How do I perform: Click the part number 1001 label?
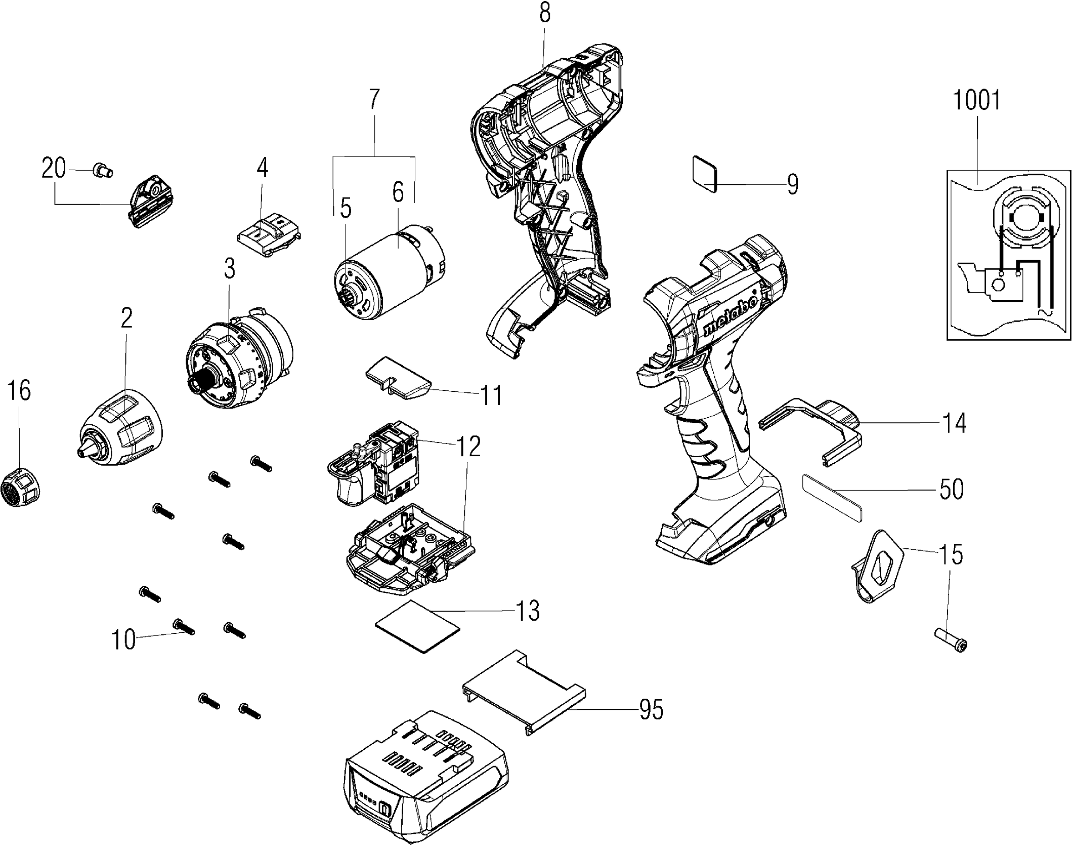(x=976, y=101)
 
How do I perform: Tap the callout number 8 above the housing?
(x=544, y=14)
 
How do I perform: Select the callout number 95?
(x=651, y=710)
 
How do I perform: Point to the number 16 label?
(x=20, y=390)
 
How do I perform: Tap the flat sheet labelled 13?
(x=417, y=627)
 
